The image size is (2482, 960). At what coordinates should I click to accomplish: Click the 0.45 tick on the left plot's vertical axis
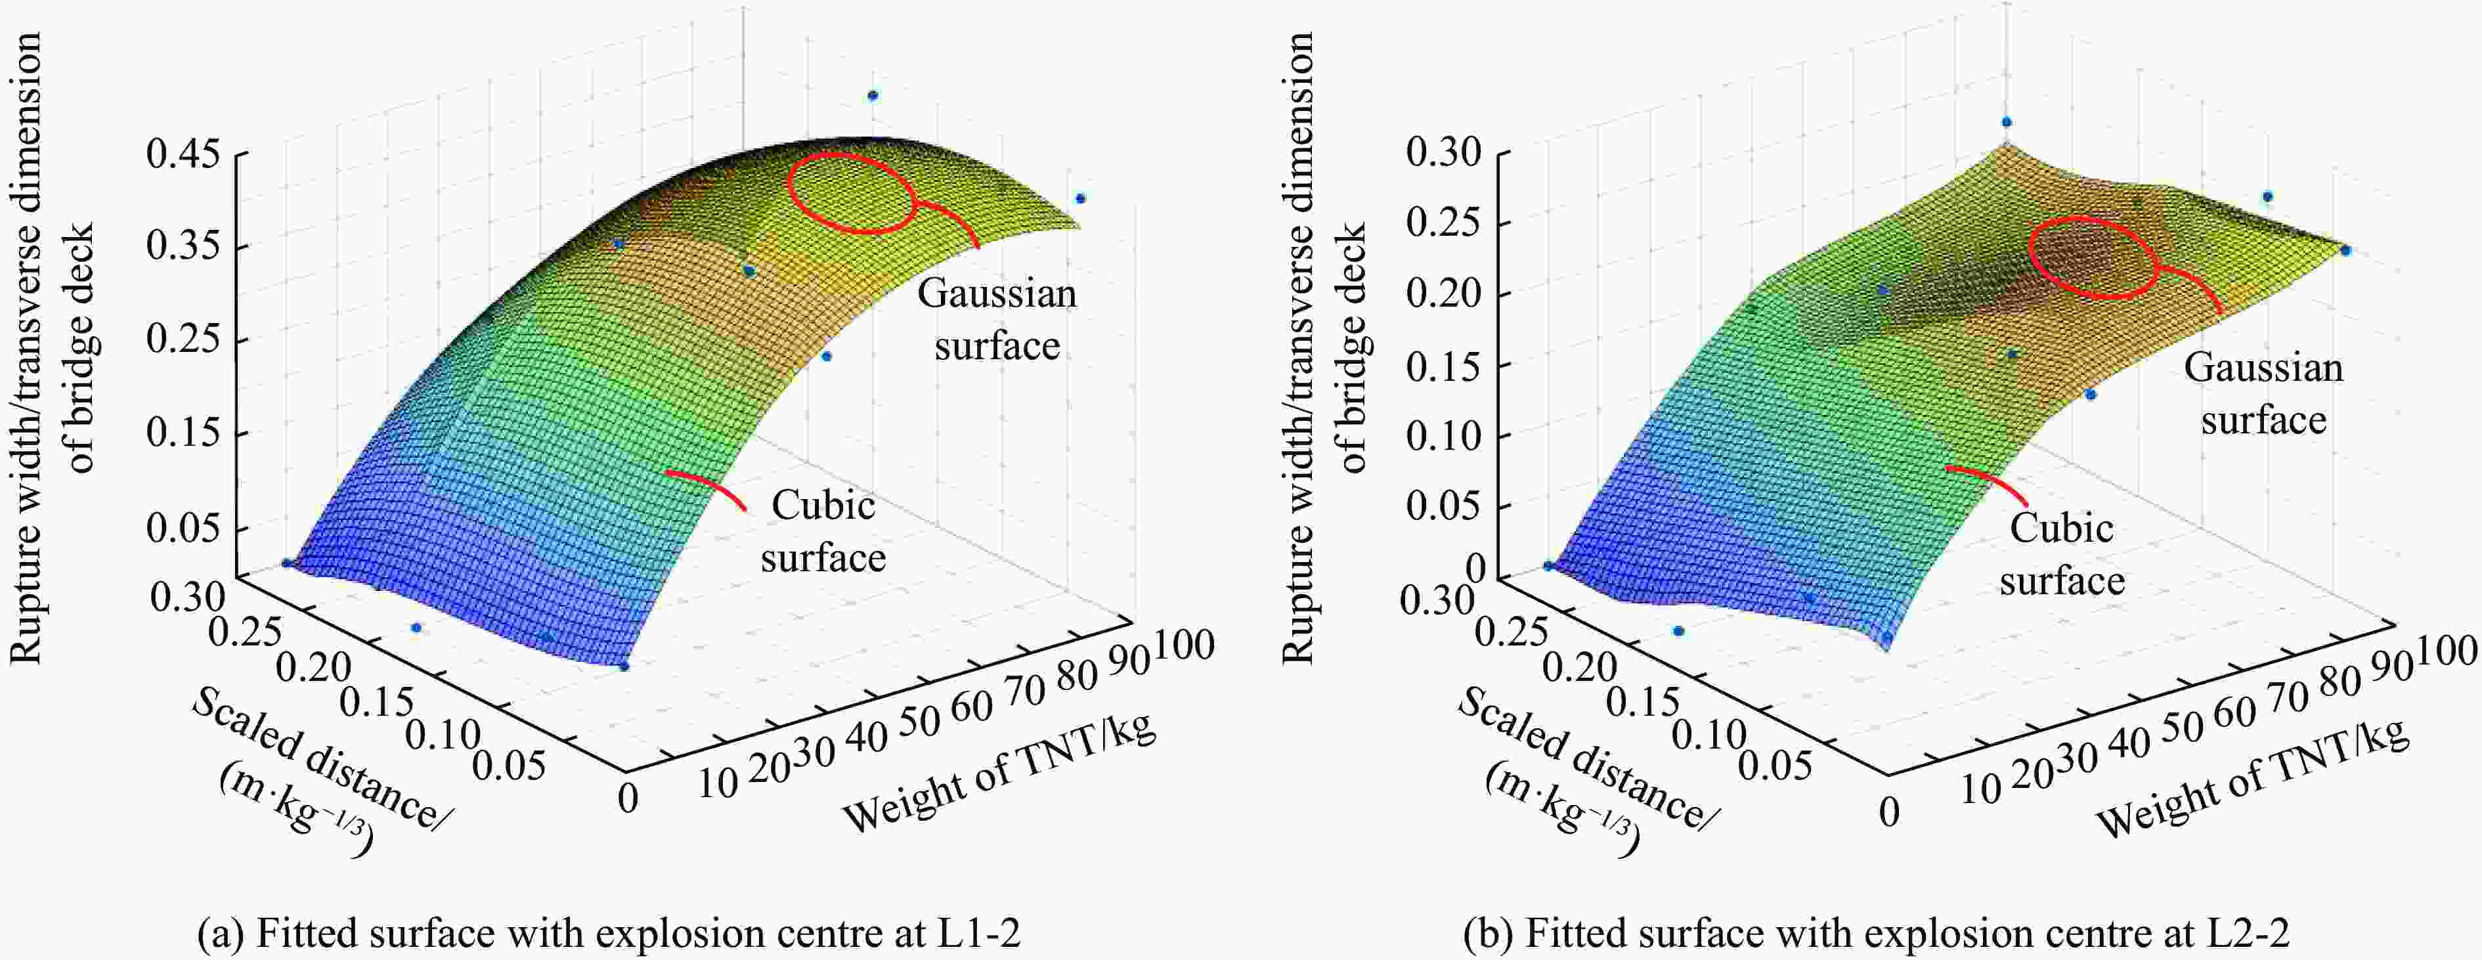(183, 154)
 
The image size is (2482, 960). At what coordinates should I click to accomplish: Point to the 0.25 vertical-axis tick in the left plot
(183, 341)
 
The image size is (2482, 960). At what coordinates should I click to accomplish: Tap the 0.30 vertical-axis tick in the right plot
(1443, 152)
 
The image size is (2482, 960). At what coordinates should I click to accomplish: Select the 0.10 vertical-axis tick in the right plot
(1443, 435)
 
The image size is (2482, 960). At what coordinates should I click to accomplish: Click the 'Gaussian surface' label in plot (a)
(996, 319)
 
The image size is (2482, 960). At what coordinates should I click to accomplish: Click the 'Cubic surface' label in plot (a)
(823, 531)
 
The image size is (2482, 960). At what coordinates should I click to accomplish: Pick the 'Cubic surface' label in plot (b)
(2062, 554)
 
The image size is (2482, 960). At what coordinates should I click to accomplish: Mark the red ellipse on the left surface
(851, 193)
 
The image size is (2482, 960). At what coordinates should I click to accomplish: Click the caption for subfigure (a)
(608, 934)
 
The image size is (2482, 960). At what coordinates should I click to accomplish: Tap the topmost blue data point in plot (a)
(873, 95)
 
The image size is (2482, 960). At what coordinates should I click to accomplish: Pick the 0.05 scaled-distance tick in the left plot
(509, 766)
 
